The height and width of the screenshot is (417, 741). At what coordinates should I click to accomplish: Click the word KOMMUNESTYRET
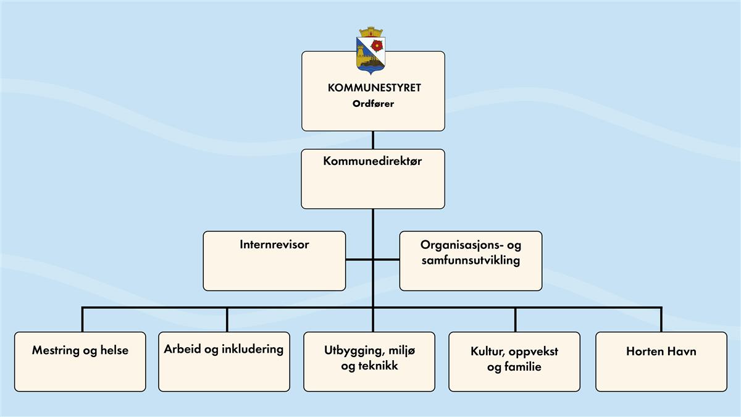click(374, 88)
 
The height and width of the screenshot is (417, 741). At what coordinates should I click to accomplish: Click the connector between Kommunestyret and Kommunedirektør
click(373, 140)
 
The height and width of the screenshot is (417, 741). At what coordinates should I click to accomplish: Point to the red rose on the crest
click(378, 44)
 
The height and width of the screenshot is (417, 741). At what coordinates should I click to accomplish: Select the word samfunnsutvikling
click(470, 260)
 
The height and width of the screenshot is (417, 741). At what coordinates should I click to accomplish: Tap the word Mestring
click(56, 351)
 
